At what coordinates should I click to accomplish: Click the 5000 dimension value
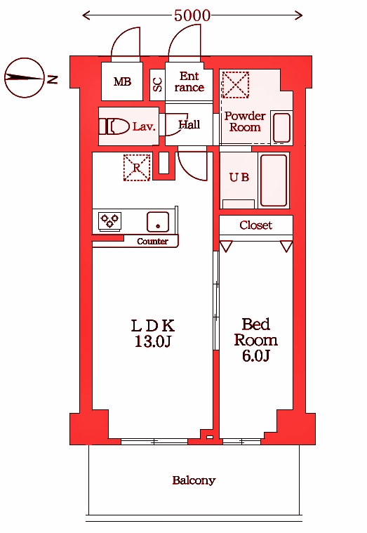(192, 15)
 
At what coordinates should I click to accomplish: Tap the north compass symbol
(25, 78)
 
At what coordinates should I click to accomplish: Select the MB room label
(122, 82)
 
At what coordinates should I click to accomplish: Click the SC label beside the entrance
(157, 84)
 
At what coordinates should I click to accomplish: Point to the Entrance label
(189, 81)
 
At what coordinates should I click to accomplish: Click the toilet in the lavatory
(114, 126)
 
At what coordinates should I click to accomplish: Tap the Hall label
(189, 125)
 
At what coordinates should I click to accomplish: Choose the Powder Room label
(245, 121)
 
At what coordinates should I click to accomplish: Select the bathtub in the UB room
(274, 180)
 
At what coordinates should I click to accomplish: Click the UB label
(239, 177)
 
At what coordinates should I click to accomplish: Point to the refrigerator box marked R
(137, 167)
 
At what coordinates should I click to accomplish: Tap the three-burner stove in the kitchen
(109, 221)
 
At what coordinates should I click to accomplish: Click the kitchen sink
(158, 222)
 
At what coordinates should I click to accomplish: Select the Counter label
(152, 242)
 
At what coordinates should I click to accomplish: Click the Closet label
(256, 225)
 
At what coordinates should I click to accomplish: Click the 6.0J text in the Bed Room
(256, 355)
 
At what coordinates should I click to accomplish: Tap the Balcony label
(194, 480)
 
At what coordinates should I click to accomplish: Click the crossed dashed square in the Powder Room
(236, 85)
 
